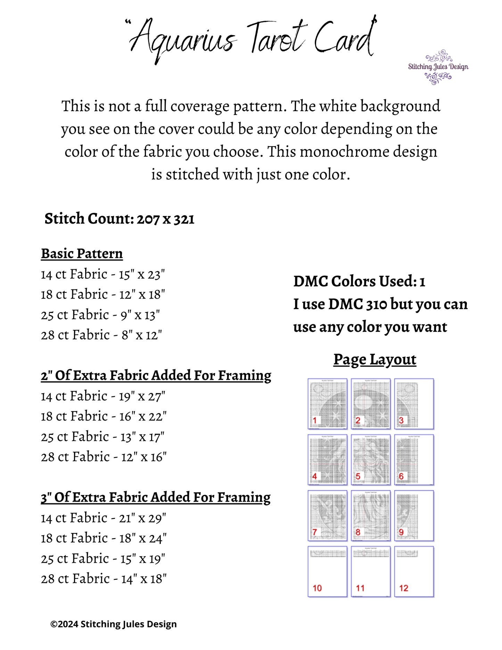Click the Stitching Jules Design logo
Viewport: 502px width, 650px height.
(x=438, y=67)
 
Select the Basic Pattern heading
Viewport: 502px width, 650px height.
(x=82, y=254)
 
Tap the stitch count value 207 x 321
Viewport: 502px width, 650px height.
(x=165, y=219)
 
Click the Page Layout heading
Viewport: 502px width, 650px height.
(x=375, y=360)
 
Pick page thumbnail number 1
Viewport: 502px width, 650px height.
(x=327, y=404)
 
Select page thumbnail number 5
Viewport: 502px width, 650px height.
(x=371, y=460)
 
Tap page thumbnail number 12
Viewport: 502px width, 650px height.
(x=414, y=571)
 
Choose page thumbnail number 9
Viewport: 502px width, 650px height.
(x=414, y=516)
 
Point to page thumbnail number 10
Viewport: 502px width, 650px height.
(x=327, y=571)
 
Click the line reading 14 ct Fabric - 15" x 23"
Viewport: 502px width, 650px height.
(x=103, y=274)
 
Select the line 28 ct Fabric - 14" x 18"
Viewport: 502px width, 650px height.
(x=104, y=579)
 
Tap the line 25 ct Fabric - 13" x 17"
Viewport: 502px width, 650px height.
(x=103, y=437)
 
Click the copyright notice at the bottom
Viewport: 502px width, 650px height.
(x=114, y=624)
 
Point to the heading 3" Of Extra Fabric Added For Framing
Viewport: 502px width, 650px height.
(x=156, y=497)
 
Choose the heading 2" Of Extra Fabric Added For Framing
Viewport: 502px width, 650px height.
(x=156, y=376)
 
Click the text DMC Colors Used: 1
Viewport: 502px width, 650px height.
(x=359, y=281)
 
